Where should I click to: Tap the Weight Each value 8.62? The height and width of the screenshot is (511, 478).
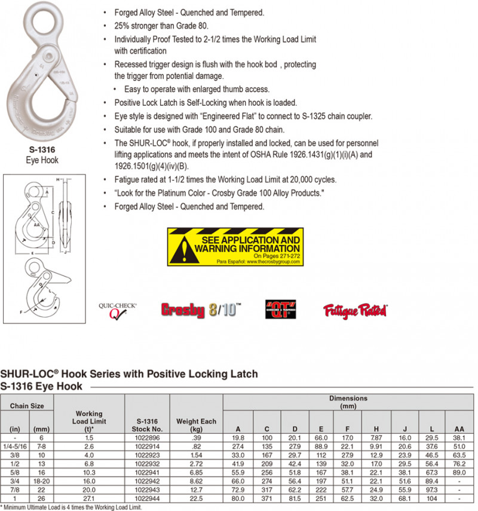196,480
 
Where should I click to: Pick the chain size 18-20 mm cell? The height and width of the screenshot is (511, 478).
40,480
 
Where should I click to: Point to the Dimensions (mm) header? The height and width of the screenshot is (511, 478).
348,402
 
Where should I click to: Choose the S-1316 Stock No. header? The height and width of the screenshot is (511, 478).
147,424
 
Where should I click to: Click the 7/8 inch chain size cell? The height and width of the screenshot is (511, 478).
13,489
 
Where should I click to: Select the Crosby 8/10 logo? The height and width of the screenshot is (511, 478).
201,310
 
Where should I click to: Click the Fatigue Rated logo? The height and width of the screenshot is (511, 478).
355,311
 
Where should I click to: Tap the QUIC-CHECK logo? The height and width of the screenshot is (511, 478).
118,310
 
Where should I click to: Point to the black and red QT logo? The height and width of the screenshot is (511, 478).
281,309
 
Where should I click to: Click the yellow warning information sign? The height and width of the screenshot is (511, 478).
235,246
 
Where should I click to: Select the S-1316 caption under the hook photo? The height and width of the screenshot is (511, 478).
41,151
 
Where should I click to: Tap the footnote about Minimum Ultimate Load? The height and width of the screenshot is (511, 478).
72,507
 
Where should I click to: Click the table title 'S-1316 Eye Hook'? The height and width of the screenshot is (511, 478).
41,386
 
